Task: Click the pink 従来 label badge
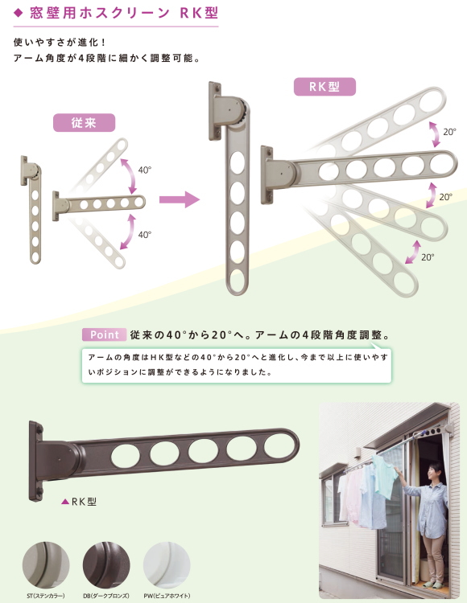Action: (x=84, y=123)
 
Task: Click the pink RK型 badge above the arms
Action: (x=324, y=87)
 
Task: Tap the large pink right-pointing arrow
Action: (x=180, y=199)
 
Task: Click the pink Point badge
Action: (x=104, y=334)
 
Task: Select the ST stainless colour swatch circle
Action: (x=46, y=564)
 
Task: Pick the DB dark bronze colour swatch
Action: (x=106, y=564)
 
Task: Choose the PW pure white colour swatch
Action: (x=167, y=564)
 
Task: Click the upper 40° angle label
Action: (x=144, y=170)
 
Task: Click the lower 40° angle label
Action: (x=144, y=234)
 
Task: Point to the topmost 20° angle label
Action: (x=449, y=132)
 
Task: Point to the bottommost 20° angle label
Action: (x=428, y=257)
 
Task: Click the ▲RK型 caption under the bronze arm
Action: (x=79, y=502)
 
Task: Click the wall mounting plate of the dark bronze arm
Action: (x=35, y=461)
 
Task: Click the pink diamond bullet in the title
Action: (x=18, y=13)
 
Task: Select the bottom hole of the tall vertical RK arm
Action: (x=238, y=281)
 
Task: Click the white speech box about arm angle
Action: (x=237, y=365)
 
